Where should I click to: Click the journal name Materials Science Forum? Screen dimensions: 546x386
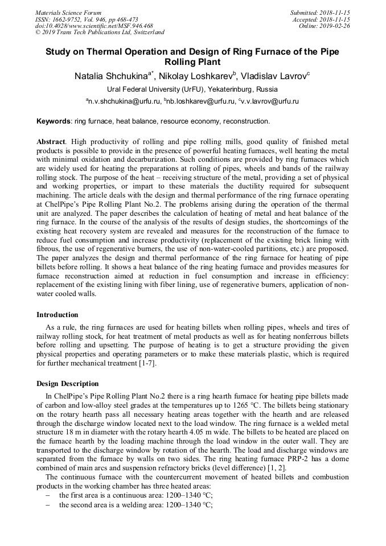pyautogui.click(x=68, y=13)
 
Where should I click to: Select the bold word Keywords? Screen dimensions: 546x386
pyautogui.click(x=54, y=121)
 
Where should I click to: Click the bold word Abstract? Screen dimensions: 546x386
pyautogui.click(x=51, y=141)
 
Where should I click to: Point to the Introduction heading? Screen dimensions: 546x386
pyautogui.click(x=58, y=315)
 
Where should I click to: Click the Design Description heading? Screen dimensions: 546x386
pyautogui.click(x=67, y=383)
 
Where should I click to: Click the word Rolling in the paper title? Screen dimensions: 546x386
pyautogui.click(x=192, y=61)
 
